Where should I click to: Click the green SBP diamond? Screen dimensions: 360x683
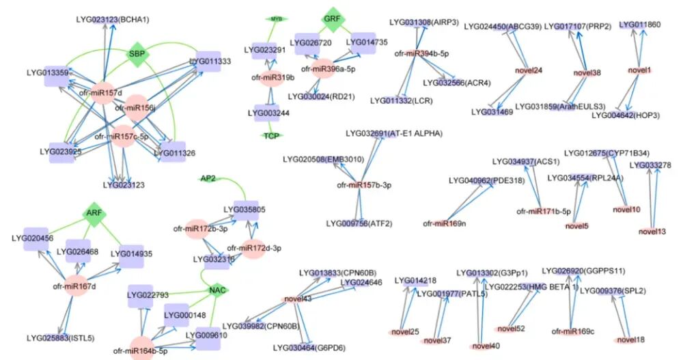pos(138,54)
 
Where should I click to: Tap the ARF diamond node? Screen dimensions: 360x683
pos(94,214)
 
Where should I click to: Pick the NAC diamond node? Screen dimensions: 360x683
pos(217,291)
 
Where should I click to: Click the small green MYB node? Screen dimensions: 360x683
pos(276,19)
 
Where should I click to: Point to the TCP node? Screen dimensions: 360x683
pos(271,136)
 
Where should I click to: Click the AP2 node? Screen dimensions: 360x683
pos(208,178)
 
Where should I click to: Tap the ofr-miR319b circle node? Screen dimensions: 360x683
pos(270,77)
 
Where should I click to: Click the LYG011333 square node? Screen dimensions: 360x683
pos(210,61)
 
